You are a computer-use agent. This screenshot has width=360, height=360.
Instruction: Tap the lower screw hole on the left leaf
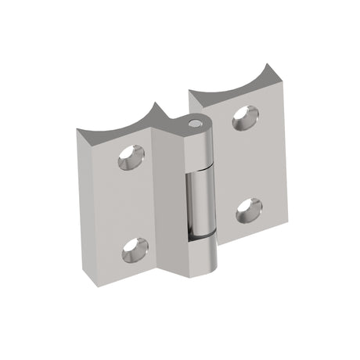click(x=135, y=250)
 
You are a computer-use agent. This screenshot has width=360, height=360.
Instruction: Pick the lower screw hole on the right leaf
click(x=248, y=209)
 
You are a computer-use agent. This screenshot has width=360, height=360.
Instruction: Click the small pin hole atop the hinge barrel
click(x=195, y=124)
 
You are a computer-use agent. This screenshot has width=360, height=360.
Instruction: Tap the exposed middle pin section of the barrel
click(x=200, y=205)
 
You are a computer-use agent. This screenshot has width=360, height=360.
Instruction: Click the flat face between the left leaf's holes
click(x=129, y=203)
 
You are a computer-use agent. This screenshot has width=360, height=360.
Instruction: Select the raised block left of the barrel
click(x=168, y=203)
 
